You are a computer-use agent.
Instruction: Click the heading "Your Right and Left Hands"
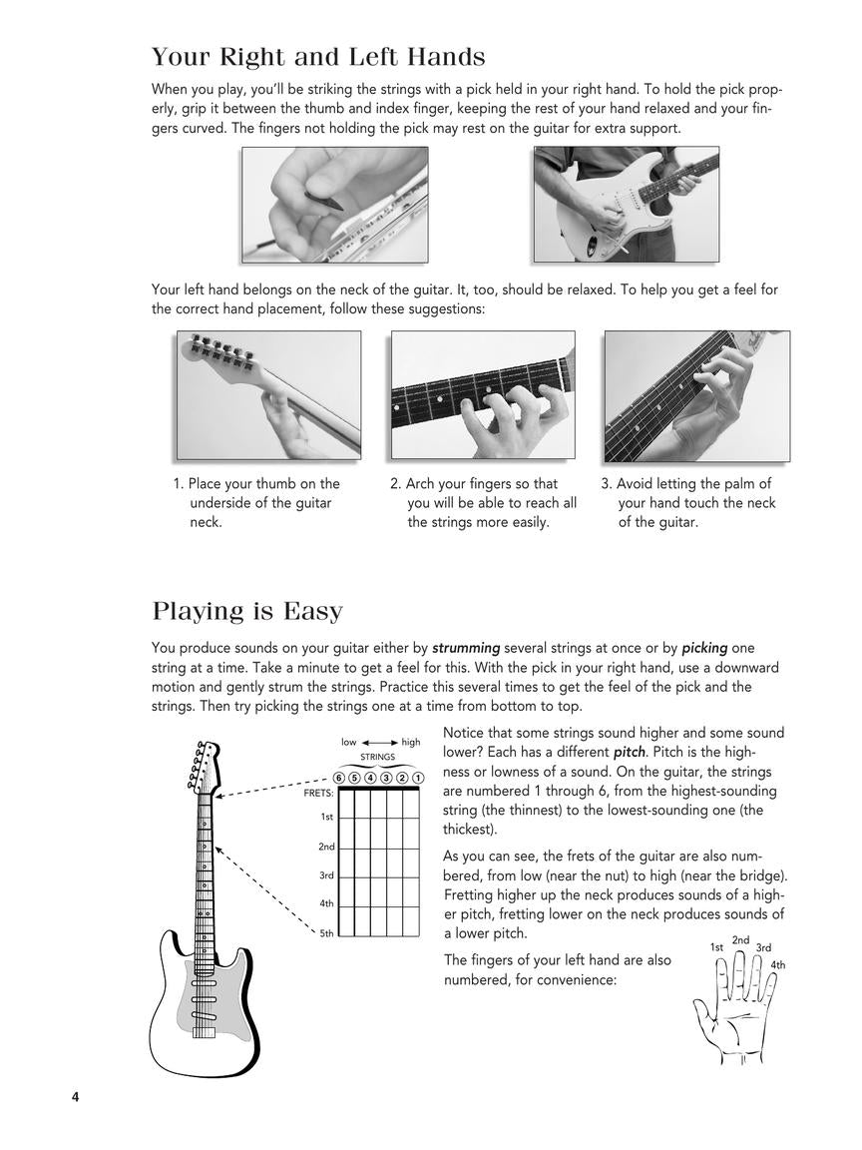[318, 57]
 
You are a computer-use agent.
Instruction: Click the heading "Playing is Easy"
[246, 610]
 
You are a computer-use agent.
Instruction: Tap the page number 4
[75, 1097]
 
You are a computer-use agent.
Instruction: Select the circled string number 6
[340, 779]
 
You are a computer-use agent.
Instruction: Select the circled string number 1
[418, 779]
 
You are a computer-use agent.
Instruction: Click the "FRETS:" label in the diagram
[318, 794]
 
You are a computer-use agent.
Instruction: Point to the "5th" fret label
[326, 933]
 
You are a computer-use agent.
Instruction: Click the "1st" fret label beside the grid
[326, 817]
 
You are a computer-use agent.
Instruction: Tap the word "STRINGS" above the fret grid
[378, 757]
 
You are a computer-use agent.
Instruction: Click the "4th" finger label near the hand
[777, 965]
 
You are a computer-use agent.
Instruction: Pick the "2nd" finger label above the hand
[740, 940]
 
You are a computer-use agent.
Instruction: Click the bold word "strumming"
[466, 648]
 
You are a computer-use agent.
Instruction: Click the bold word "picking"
[704, 648]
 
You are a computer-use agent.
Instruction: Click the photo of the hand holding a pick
[334, 205]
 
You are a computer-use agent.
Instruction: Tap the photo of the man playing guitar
[626, 205]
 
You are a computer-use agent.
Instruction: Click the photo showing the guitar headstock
[268, 394]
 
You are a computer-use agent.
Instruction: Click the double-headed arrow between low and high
[379, 743]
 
